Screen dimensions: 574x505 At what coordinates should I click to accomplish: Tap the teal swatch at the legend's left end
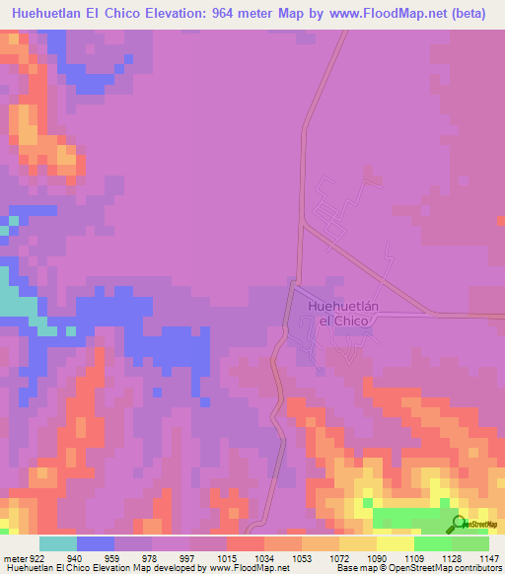58,543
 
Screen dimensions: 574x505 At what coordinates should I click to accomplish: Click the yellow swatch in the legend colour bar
395,543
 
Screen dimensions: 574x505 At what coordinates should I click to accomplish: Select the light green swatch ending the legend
469,543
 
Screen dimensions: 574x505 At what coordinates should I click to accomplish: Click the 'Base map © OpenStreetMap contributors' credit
417,569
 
